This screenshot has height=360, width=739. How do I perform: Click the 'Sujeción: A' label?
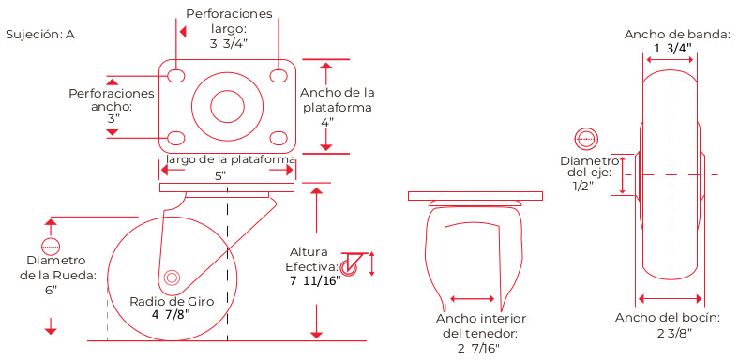[x=40, y=35]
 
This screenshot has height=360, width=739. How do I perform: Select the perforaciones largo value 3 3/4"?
[x=229, y=43]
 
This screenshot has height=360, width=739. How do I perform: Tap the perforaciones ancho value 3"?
[x=113, y=119]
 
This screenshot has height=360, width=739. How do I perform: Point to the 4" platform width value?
[x=327, y=121]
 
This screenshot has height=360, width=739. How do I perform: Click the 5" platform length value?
[x=220, y=175]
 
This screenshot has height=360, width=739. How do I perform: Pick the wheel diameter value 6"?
[x=51, y=290]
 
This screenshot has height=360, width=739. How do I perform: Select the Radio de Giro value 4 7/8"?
[x=171, y=314]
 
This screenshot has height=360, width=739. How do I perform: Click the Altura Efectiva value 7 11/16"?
[x=315, y=282]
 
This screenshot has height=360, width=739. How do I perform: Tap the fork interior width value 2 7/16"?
[x=478, y=348]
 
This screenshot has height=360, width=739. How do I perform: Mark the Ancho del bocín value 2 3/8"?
[x=674, y=333]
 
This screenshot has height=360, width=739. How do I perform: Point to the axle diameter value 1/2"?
[x=583, y=187]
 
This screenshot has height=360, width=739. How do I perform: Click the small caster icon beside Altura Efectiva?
[x=351, y=264]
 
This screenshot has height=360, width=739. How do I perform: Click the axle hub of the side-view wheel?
[x=172, y=277]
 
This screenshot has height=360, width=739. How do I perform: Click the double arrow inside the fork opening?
[x=473, y=299]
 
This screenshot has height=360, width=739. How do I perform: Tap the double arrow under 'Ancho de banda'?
[x=670, y=60]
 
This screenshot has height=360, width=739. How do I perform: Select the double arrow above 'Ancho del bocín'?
[x=671, y=298]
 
